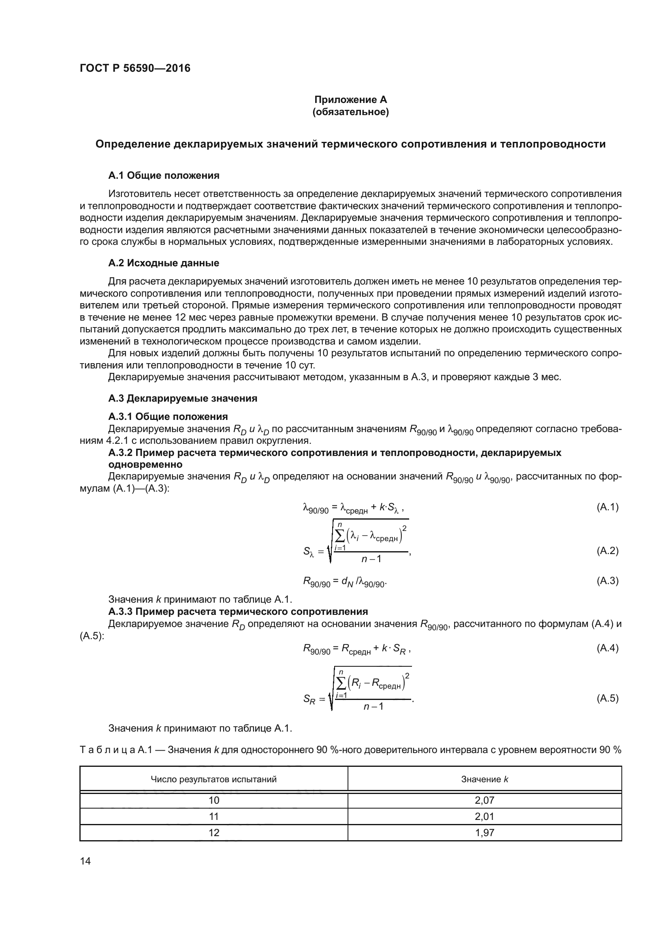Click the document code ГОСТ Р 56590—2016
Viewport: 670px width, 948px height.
click(x=135, y=68)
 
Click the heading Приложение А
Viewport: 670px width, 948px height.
click(x=350, y=100)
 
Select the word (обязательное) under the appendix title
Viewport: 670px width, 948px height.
click(x=350, y=112)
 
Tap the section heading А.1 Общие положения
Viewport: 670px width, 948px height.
click(x=163, y=175)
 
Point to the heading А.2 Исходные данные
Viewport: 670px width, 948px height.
click(x=163, y=263)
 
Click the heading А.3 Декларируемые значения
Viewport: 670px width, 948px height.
click(x=182, y=398)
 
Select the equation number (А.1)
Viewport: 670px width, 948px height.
click(x=607, y=507)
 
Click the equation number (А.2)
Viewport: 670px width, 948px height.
click(x=607, y=551)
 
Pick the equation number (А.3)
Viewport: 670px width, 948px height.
click(x=607, y=581)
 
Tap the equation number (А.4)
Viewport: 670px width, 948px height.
click(x=607, y=648)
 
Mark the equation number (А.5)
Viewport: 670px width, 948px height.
click(x=607, y=698)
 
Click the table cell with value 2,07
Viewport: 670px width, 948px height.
click(x=484, y=800)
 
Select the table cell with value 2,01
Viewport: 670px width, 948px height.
click(x=484, y=817)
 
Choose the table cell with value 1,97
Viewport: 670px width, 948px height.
click(x=484, y=833)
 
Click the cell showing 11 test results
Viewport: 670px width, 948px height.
click(x=214, y=817)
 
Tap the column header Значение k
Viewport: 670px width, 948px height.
click(x=484, y=779)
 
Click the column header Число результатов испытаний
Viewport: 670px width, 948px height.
click(x=214, y=779)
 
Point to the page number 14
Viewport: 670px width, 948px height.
click(x=85, y=861)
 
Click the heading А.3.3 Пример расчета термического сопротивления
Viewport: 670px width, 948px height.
click(x=238, y=611)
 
